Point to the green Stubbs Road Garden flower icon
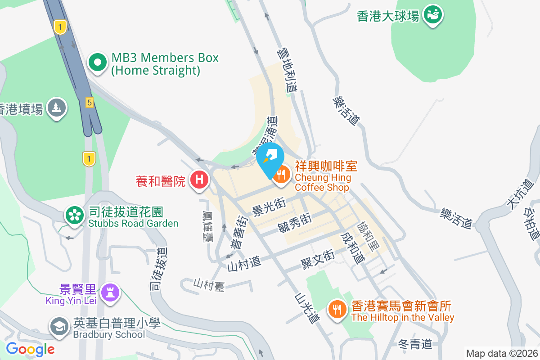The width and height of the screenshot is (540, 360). (x=74, y=216)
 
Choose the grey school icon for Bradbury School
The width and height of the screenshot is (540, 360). (x=59, y=327)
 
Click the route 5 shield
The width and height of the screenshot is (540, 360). (x=90, y=103)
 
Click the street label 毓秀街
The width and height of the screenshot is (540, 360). (x=295, y=222)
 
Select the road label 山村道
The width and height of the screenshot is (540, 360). (x=244, y=263)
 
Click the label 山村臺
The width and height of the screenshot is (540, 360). (x=209, y=284)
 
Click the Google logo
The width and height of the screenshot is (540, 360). (x=30, y=349)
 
